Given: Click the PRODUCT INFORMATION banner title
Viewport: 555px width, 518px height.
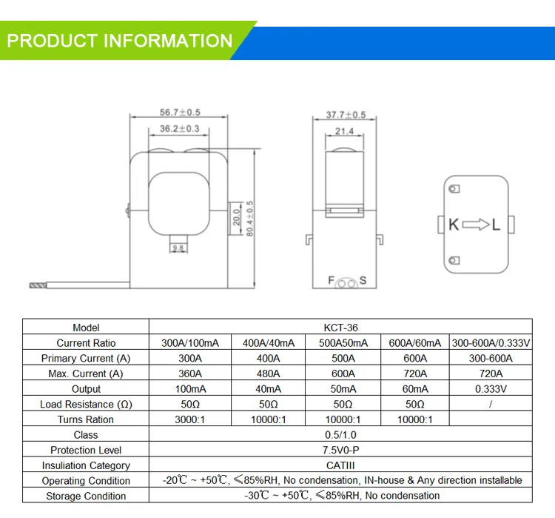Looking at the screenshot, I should point(120,41).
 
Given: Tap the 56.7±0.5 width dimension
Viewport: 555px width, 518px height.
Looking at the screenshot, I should point(181,113).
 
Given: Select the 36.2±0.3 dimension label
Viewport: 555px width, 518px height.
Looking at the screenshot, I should point(181,129).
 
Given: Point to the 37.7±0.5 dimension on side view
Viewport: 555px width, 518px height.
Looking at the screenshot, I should point(346,115).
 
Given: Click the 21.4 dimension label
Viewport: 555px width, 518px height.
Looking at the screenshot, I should point(345,131).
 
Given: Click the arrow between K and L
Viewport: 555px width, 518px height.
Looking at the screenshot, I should point(477,225).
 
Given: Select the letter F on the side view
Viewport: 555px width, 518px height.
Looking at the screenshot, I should point(332,280).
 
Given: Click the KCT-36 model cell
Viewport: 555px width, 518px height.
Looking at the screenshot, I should point(340,328).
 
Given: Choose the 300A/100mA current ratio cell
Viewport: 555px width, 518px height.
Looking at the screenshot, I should point(190,343).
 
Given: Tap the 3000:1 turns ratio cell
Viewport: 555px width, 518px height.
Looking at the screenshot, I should point(190,419).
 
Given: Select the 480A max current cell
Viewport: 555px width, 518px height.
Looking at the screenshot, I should point(268,373).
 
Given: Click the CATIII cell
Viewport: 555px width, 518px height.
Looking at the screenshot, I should point(340,465).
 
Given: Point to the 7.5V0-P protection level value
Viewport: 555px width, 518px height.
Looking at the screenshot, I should point(340,450).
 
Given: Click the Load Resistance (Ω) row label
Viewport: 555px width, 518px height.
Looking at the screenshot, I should point(86,405).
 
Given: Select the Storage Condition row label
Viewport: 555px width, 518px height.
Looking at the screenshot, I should point(86,496).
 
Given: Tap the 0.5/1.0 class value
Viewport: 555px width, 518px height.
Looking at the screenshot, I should point(340,435).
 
